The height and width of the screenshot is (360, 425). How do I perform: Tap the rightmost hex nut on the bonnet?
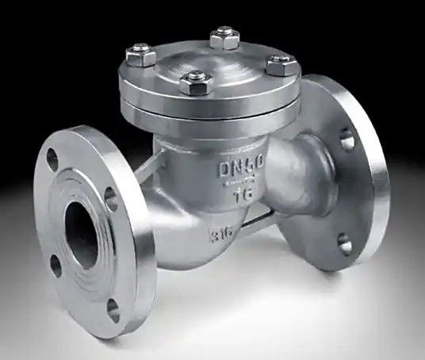[x=281, y=64]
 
